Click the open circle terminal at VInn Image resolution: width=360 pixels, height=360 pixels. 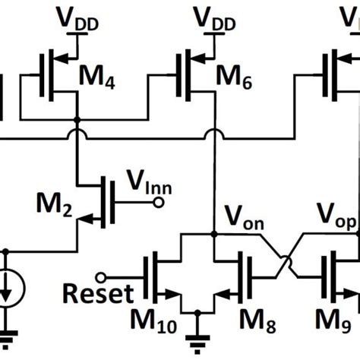click(158, 202)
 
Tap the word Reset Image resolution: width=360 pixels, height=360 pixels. click(96, 293)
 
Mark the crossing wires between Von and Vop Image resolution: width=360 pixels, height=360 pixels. click(281, 257)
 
